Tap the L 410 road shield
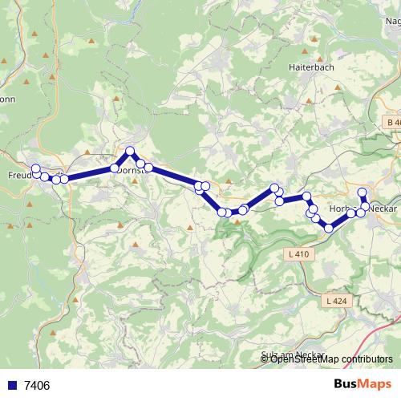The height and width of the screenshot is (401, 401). pyautogui.click(x=298, y=254)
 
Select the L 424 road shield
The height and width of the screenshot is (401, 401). pyautogui.click(x=337, y=301)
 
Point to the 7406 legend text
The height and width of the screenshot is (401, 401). pyautogui.click(x=37, y=386)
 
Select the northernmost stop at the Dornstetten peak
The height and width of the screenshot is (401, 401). pyautogui.click(x=130, y=151)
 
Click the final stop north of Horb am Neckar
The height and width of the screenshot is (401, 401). pyautogui.click(x=362, y=192)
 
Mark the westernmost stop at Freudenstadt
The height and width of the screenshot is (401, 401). pyautogui.click(x=35, y=168)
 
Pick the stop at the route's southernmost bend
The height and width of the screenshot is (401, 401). pyautogui.click(x=329, y=228)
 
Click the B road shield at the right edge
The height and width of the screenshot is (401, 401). pyautogui.click(x=391, y=122)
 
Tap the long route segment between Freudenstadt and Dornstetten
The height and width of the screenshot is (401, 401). pyautogui.click(x=88, y=173)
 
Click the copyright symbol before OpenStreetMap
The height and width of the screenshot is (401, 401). pyautogui.click(x=265, y=358)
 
